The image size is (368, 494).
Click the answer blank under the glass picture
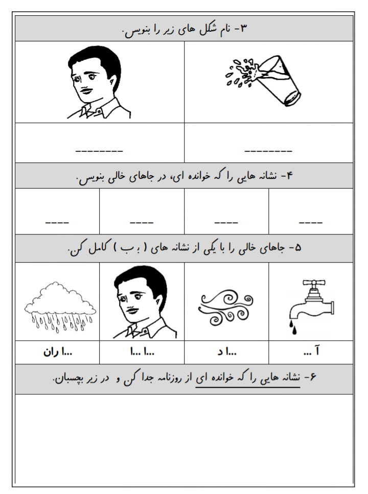click(x=268, y=151)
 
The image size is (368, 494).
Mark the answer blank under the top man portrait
click(x=100, y=151)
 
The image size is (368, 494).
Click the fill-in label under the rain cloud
click(x=58, y=351)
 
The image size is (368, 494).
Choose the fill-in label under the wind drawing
click(x=226, y=351)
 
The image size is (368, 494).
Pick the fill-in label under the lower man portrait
click(x=142, y=351)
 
